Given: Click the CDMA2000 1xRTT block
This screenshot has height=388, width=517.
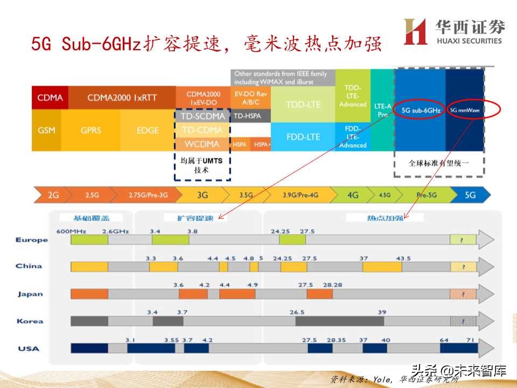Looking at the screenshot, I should [123, 98].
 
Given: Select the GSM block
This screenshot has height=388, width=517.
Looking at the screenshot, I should [46, 130].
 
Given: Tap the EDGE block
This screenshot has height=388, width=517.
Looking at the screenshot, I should [148, 130].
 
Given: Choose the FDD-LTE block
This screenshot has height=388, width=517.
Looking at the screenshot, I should [302, 137].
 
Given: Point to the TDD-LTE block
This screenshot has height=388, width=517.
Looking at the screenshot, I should [302, 103].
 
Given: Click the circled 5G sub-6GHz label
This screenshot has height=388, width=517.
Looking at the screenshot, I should [421, 110].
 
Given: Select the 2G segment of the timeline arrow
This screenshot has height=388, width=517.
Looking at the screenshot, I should [53, 195].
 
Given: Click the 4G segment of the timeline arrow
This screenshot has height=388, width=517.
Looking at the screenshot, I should [353, 195].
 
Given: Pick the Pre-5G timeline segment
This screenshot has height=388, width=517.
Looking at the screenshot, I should [427, 195].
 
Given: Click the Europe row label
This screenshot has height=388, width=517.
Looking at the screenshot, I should [32, 240].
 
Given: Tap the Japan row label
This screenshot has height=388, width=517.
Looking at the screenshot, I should [30, 294].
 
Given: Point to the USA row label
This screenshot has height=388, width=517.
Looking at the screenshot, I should [29, 349].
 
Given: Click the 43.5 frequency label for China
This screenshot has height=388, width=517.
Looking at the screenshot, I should [403, 259].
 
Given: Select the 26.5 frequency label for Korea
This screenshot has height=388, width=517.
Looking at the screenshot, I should [297, 313].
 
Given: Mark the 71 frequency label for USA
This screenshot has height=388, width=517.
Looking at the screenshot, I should [470, 340].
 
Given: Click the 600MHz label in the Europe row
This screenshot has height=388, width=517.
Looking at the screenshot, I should [69, 232].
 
